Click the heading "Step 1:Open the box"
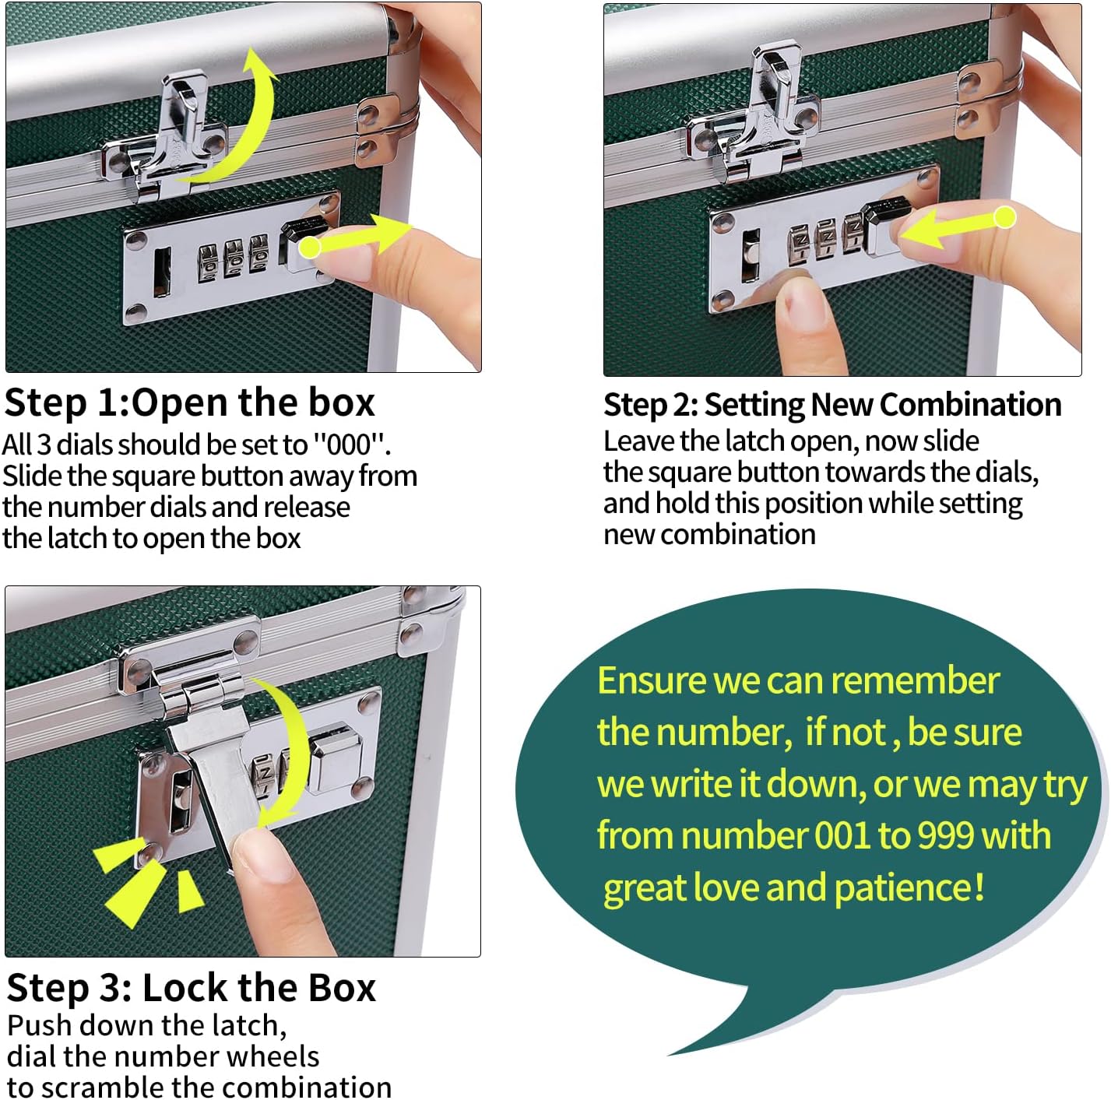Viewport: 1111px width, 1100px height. coord(189,402)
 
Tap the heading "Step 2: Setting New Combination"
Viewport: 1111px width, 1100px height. coord(832,406)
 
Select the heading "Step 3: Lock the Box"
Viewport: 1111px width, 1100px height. coord(191,988)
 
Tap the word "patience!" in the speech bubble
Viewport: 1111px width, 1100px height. coord(909,888)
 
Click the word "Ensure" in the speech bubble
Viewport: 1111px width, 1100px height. coord(651,681)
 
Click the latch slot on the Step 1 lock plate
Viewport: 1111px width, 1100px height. coord(162,272)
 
